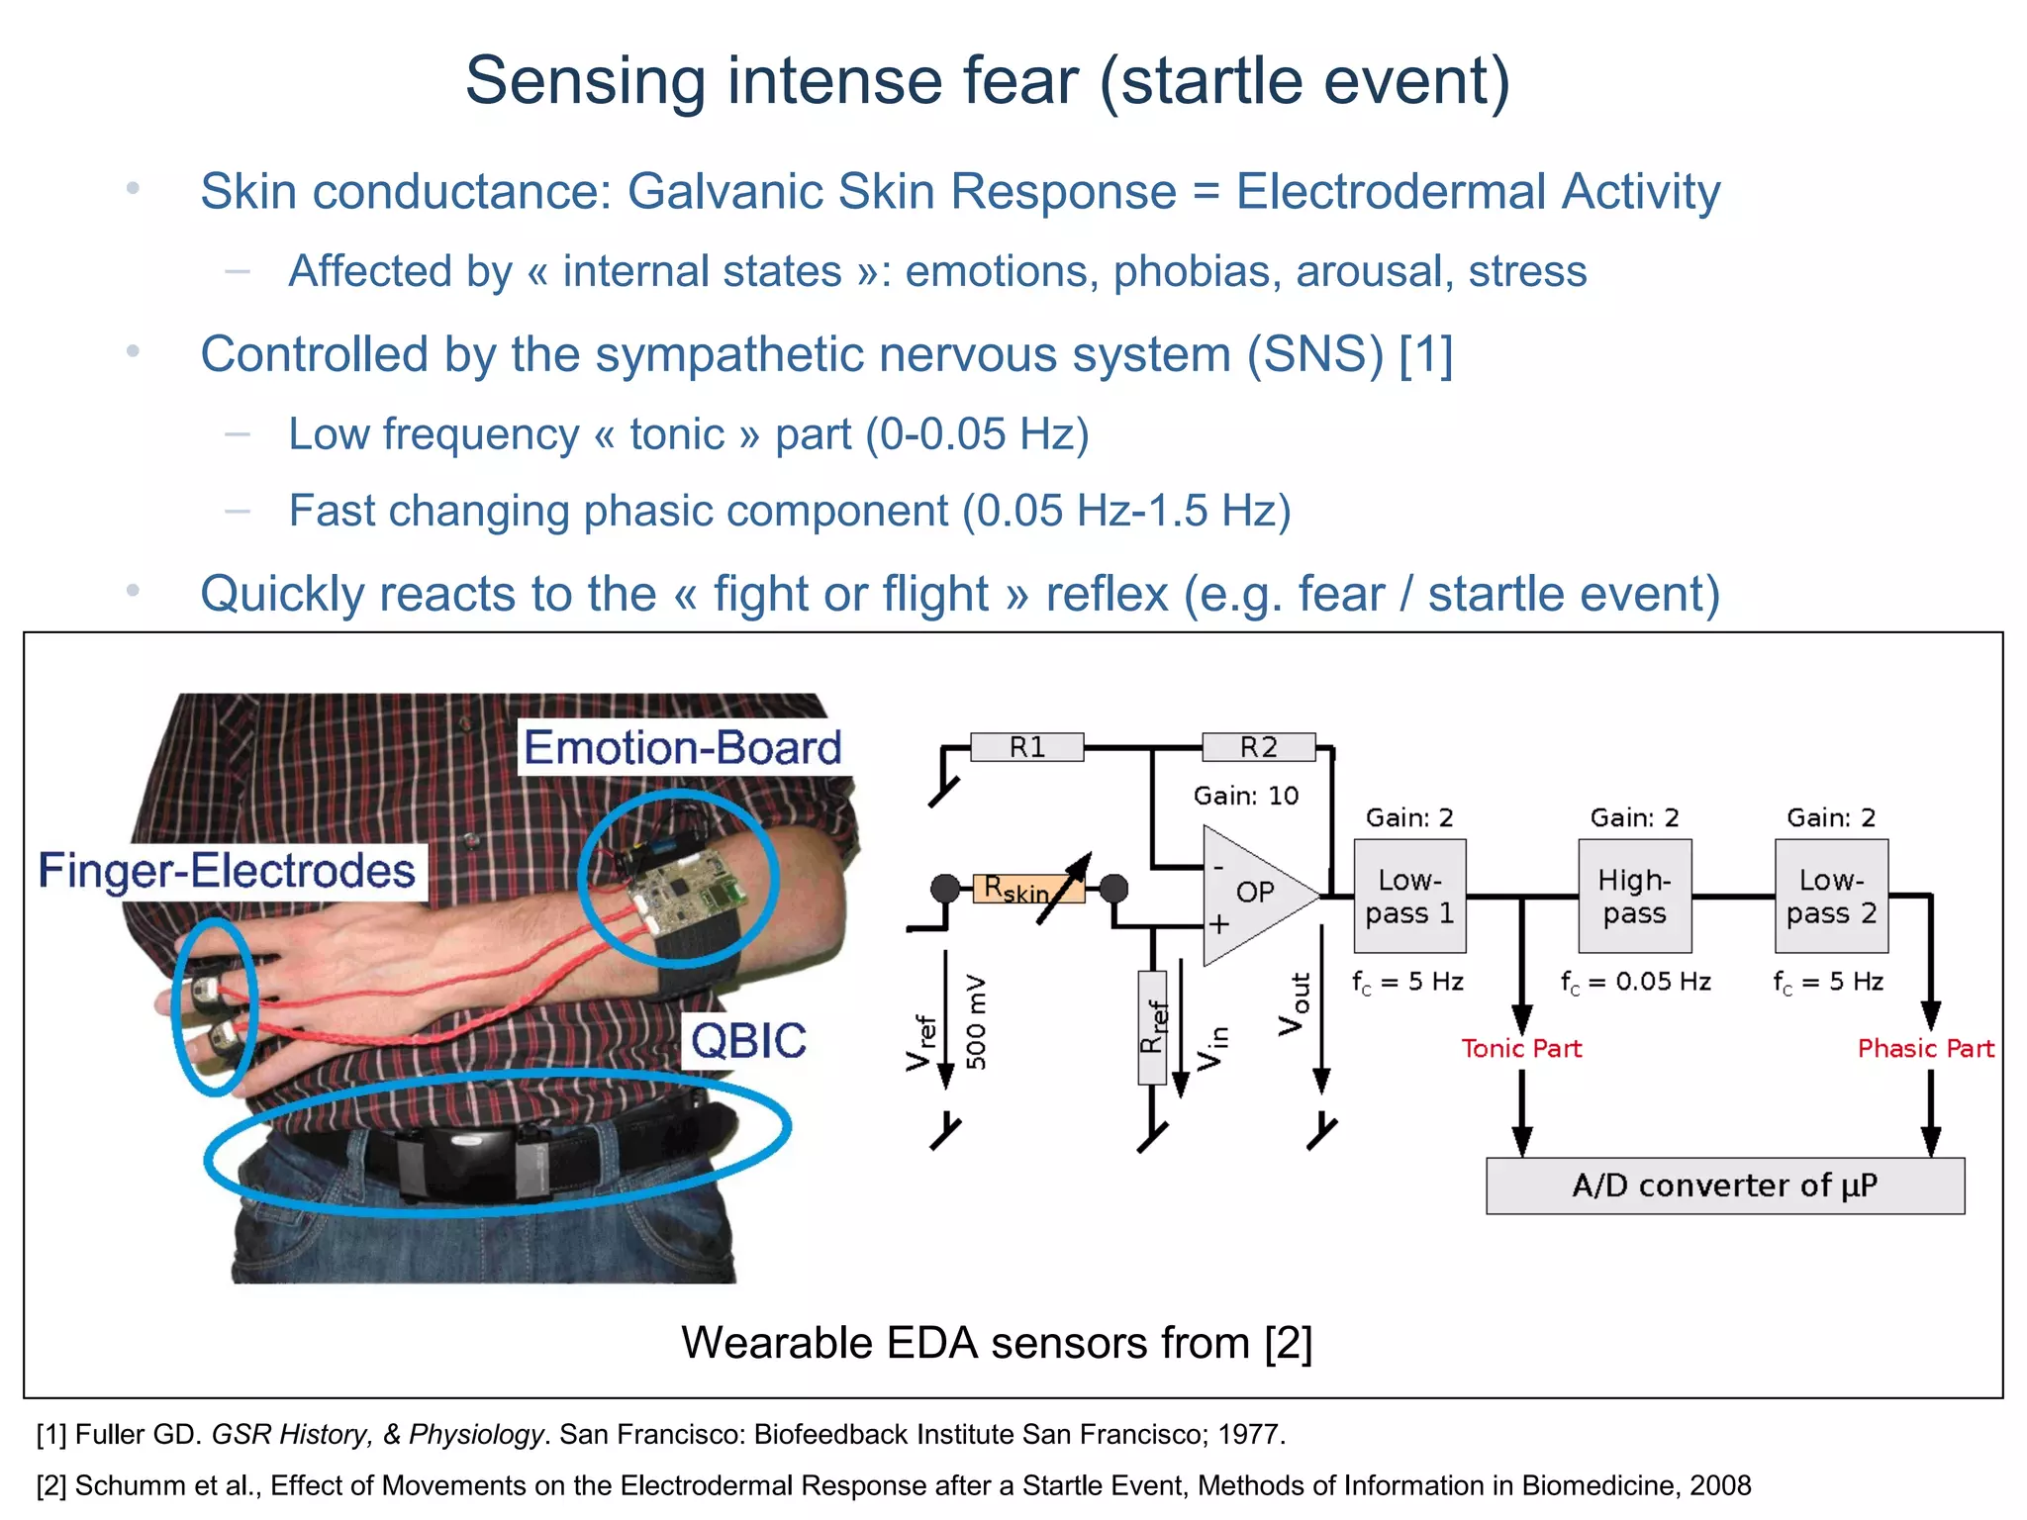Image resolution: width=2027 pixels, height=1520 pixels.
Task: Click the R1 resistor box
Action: (1026, 747)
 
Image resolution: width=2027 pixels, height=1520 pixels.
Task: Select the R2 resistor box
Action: (1258, 747)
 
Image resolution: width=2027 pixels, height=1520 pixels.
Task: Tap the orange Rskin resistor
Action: (1017, 889)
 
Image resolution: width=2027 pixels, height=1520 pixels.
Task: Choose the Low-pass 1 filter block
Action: (1409, 896)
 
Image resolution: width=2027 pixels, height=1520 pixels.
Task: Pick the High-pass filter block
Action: (1634, 896)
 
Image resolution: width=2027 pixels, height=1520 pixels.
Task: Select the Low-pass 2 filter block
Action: (1831, 896)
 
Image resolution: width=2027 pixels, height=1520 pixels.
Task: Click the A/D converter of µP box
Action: (1724, 1186)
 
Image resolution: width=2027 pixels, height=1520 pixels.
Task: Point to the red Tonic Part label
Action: (1521, 1048)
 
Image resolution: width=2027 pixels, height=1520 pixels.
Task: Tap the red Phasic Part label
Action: (1925, 1048)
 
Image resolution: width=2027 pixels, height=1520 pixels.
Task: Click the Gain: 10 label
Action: (1245, 796)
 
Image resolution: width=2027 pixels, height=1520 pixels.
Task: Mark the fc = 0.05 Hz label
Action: (1635, 982)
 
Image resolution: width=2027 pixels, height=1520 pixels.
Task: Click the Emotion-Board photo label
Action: (683, 747)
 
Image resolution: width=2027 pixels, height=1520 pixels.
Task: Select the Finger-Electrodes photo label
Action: (227, 871)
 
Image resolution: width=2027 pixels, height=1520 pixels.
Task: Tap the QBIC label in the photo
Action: (748, 1041)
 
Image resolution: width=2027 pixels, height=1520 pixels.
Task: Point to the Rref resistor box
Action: (1152, 1026)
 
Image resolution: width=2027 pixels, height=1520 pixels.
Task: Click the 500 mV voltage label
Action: (976, 1021)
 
